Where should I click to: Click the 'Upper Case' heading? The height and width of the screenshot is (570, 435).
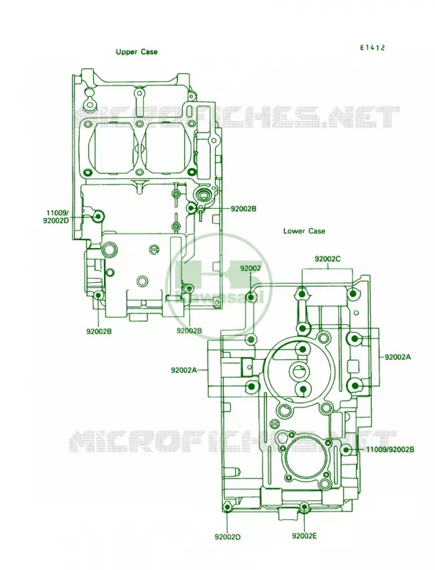(137, 52)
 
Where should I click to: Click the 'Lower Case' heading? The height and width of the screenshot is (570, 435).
(304, 231)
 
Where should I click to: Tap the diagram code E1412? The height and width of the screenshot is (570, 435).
(372, 48)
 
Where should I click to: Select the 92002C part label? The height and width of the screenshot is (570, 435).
(327, 259)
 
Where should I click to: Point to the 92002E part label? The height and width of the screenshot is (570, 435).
(304, 536)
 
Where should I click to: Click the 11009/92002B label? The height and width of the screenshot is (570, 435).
(390, 450)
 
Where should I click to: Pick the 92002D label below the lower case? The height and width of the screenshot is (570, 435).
(228, 537)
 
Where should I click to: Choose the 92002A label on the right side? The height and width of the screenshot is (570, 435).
(398, 357)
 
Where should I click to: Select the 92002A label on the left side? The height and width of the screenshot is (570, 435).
(184, 370)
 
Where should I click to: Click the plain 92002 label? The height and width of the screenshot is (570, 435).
(251, 269)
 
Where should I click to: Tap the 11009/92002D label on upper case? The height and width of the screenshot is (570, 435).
(56, 217)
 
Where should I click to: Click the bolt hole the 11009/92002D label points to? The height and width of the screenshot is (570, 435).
(98, 217)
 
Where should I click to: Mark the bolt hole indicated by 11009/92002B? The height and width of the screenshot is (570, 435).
(346, 450)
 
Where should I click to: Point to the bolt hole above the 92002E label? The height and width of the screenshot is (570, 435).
(304, 507)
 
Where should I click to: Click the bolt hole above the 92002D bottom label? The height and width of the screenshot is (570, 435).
(227, 507)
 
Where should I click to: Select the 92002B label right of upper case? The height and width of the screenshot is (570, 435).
(243, 209)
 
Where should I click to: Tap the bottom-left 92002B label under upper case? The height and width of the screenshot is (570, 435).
(99, 331)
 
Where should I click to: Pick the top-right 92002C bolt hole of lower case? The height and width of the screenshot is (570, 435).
(352, 293)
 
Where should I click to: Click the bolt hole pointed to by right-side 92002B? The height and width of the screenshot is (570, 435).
(192, 208)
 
